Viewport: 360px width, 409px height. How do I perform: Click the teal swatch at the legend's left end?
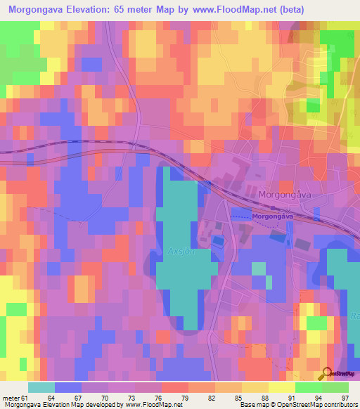click(41, 387)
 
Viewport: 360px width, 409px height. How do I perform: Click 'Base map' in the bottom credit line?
click(254, 405)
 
